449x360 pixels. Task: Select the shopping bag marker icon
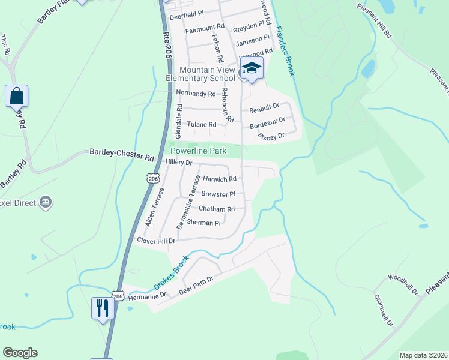point(16,96)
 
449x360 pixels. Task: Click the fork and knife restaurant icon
point(103,308)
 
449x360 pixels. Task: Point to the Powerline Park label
point(198,151)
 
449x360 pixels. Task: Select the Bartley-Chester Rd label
point(122,154)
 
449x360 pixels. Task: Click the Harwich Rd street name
point(220,179)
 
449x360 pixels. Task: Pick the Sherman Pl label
point(204,223)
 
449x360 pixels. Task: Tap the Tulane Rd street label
point(202,125)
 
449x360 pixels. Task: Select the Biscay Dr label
point(271,137)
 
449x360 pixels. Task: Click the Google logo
point(20,353)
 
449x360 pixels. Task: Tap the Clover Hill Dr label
point(156,241)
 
